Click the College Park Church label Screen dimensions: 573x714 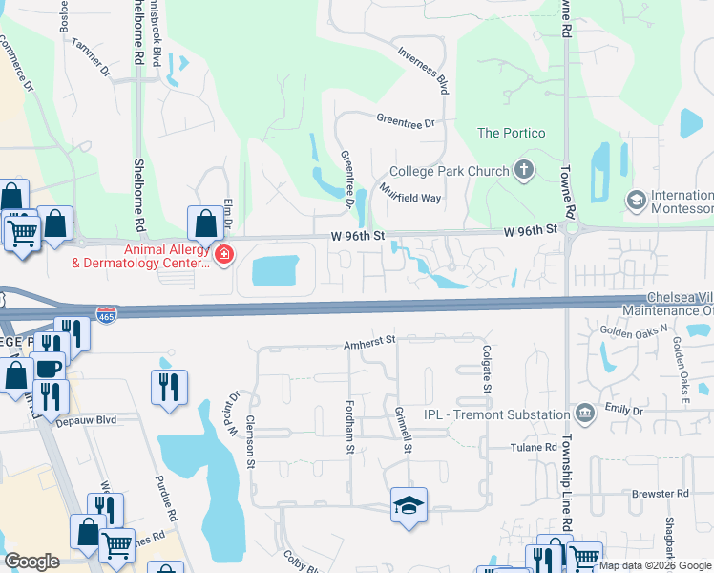coord(450,171)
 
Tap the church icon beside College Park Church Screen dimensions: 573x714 coord(522,171)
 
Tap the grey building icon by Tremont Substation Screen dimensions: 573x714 coord(584,414)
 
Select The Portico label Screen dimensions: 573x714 coord(512,133)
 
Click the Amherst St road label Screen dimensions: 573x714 coord(370,340)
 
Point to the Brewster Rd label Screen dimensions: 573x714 coord(661,494)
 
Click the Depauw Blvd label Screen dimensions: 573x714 coord(85,419)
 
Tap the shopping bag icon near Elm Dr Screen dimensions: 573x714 coord(205,224)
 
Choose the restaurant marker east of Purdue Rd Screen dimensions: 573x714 coord(169,387)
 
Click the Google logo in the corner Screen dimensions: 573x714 coord(31,562)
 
